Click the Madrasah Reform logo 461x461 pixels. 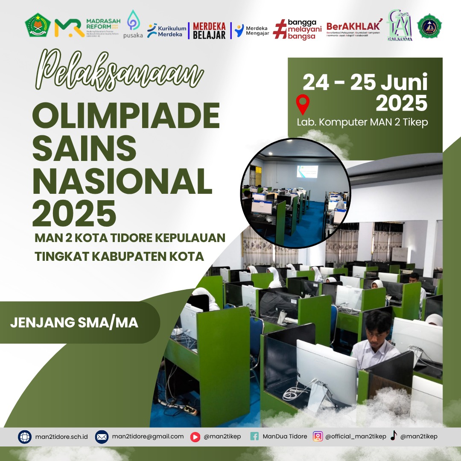tap(87, 28)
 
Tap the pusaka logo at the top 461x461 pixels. tap(133, 24)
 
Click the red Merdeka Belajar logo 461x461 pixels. tap(209, 30)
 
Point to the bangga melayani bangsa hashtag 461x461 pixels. tap(298, 29)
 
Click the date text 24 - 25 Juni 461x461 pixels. tap(365, 82)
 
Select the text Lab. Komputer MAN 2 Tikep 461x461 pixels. tap(362, 122)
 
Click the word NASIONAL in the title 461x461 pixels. tap(123, 181)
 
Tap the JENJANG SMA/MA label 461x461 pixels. tap(74, 323)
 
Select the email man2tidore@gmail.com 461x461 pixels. tap(147, 436)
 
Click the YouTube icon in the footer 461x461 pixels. tap(195, 437)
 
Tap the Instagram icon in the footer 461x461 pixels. tap(318, 436)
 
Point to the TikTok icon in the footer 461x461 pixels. tap(394, 436)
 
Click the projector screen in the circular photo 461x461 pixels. tap(307, 171)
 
